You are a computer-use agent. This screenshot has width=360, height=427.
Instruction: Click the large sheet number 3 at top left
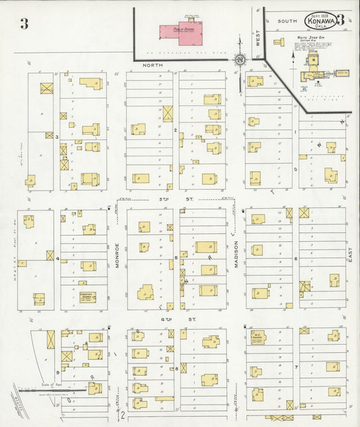click(24, 24)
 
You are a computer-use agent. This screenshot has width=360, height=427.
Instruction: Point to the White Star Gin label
click(311, 38)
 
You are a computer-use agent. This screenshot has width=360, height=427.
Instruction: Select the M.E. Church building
click(257, 337)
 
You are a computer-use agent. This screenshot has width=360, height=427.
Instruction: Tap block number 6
click(295, 258)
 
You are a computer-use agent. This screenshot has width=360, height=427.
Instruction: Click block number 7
click(295, 367)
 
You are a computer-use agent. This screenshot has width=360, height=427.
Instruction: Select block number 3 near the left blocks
click(57, 137)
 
